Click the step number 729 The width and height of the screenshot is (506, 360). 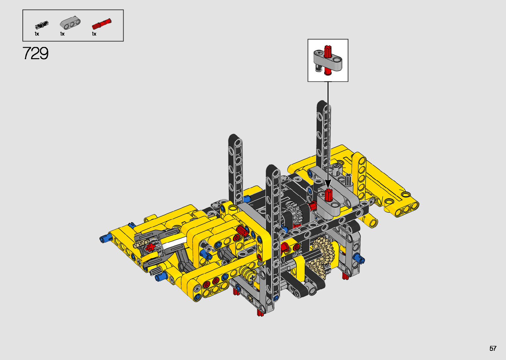click(x=35, y=53)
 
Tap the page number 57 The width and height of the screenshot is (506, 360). click(x=493, y=348)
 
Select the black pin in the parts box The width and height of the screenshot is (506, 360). click(x=42, y=25)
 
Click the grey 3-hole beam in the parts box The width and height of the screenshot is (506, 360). click(x=70, y=23)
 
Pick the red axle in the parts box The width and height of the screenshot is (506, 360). click(x=102, y=24)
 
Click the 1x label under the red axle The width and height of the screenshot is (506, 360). click(x=94, y=34)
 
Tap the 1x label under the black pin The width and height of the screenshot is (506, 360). click(x=37, y=34)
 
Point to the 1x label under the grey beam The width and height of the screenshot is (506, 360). click(x=62, y=34)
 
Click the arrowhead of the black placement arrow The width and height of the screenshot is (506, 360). click(x=328, y=184)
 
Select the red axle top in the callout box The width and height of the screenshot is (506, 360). click(x=328, y=51)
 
